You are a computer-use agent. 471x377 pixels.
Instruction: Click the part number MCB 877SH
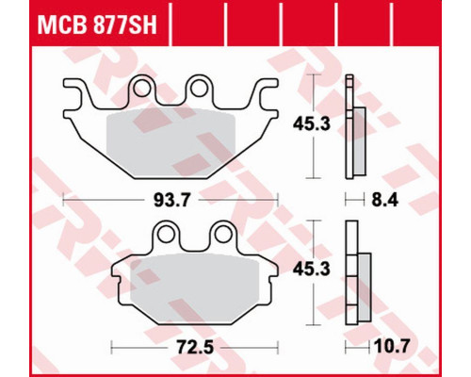click(97, 25)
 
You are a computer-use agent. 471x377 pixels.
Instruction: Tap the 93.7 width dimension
click(172, 200)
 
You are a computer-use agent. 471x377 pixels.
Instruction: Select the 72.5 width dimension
click(195, 348)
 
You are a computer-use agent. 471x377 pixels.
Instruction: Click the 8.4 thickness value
click(384, 200)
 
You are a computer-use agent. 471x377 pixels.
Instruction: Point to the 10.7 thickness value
click(392, 347)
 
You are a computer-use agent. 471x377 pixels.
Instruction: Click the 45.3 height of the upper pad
click(312, 124)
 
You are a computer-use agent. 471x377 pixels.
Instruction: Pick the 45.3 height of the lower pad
click(312, 270)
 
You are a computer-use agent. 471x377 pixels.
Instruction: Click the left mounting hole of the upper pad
click(141, 88)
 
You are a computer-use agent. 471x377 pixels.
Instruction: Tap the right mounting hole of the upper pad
click(199, 88)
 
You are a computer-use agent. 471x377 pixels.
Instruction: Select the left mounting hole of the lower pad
click(166, 234)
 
